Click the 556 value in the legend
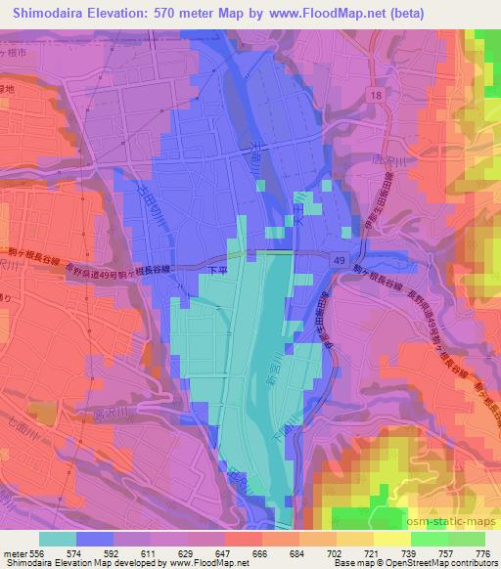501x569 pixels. (x=37, y=553)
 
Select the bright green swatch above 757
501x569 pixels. (x=429, y=539)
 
